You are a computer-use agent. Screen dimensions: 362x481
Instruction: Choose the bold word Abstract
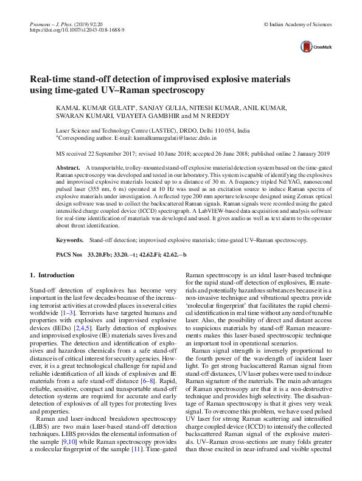pyautogui.click(x=68, y=167)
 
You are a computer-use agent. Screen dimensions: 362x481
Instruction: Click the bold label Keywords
pyautogui.click(x=69, y=241)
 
